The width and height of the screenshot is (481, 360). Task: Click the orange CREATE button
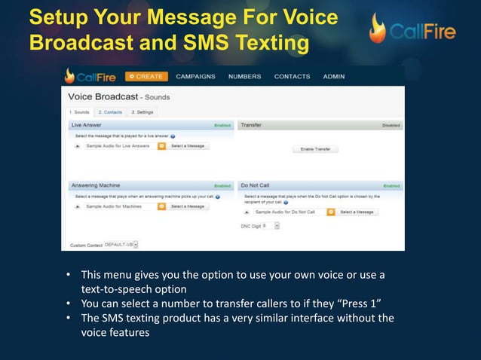coord(146,76)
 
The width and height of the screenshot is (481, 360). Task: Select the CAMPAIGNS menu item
coord(195,76)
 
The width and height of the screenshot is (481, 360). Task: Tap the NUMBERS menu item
coord(244,76)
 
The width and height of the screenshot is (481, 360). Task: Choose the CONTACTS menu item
coord(292,76)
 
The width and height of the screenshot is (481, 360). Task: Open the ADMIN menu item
coord(334,76)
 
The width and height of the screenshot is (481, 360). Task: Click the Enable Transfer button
coord(315,149)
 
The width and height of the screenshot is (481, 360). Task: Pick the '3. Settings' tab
coord(142,112)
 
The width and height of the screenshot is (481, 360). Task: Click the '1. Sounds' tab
coord(79,112)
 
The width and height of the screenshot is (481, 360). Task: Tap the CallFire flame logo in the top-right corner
coord(378,28)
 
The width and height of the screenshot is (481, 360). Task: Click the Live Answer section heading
coord(87,124)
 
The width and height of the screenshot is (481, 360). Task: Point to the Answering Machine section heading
coord(96,185)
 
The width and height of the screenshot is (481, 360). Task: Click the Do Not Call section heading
coord(256,185)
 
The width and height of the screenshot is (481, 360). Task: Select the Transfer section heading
coord(251,124)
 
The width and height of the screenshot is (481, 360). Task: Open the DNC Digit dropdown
coord(277,224)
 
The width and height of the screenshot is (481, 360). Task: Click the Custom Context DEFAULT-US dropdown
coord(136,244)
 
